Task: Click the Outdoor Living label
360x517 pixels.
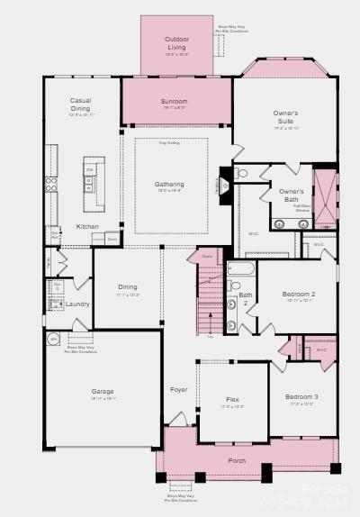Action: pyautogui.click(x=176, y=43)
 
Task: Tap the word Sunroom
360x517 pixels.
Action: pyautogui.click(x=175, y=102)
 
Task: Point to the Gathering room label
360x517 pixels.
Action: pyautogui.click(x=169, y=185)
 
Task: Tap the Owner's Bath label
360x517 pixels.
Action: pyautogui.click(x=291, y=195)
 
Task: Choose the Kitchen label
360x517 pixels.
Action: pyautogui.click(x=87, y=226)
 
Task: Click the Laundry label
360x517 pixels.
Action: pyautogui.click(x=77, y=304)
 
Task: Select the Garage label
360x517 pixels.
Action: pyautogui.click(x=102, y=392)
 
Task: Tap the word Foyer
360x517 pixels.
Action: pyautogui.click(x=179, y=389)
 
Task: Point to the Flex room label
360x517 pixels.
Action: pyautogui.click(x=232, y=399)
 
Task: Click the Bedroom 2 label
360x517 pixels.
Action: pyautogui.click(x=299, y=295)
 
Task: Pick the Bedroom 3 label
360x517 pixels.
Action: pyautogui.click(x=301, y=396)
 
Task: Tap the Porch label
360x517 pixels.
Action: pyautogui.click(x=236, y=460)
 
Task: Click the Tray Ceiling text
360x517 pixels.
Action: pyautogui.click(x=169, y=143)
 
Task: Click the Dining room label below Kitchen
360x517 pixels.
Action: pyautogui.click(x=127, y=287)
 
